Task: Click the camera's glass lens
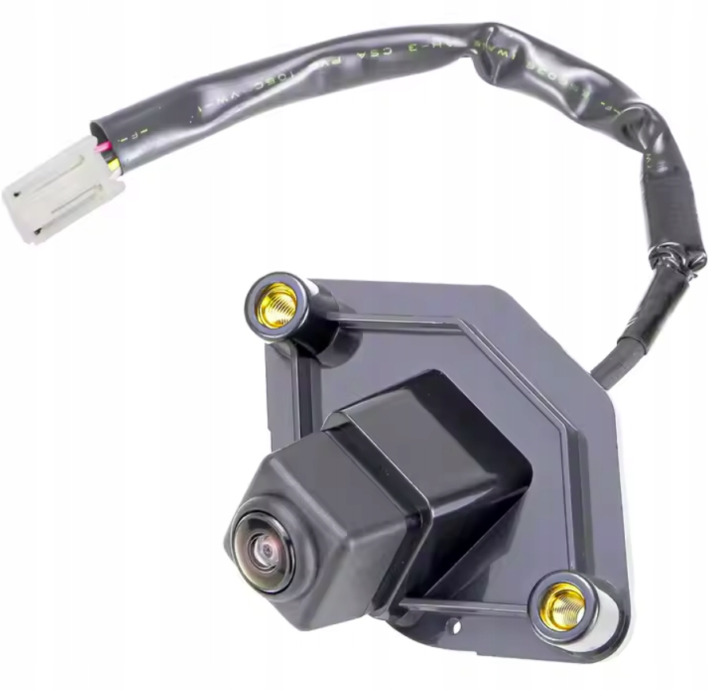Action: click(x=264, y=549)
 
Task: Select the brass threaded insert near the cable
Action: click(x=278, y=304)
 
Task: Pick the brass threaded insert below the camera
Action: click(x=563, y=606)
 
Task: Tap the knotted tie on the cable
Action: click(x=675, y=258)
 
